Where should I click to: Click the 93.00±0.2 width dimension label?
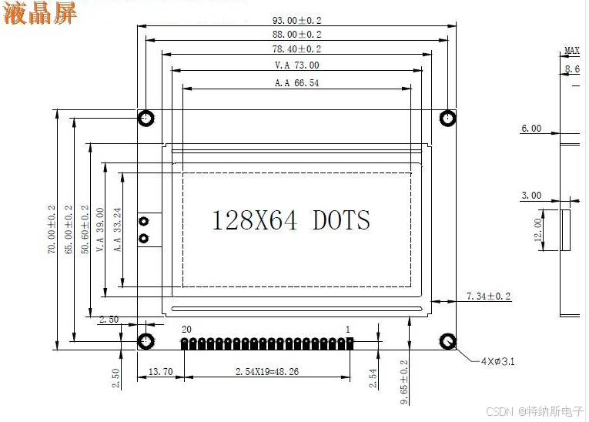[296, 20]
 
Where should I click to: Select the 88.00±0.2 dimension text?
[296, 35]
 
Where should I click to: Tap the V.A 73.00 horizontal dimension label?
[296, 65]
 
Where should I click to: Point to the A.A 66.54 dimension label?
[296, 83]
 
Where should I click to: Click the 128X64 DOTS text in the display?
[291, 219]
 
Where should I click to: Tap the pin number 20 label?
[186, 330]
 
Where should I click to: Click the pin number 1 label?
[348, 330]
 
